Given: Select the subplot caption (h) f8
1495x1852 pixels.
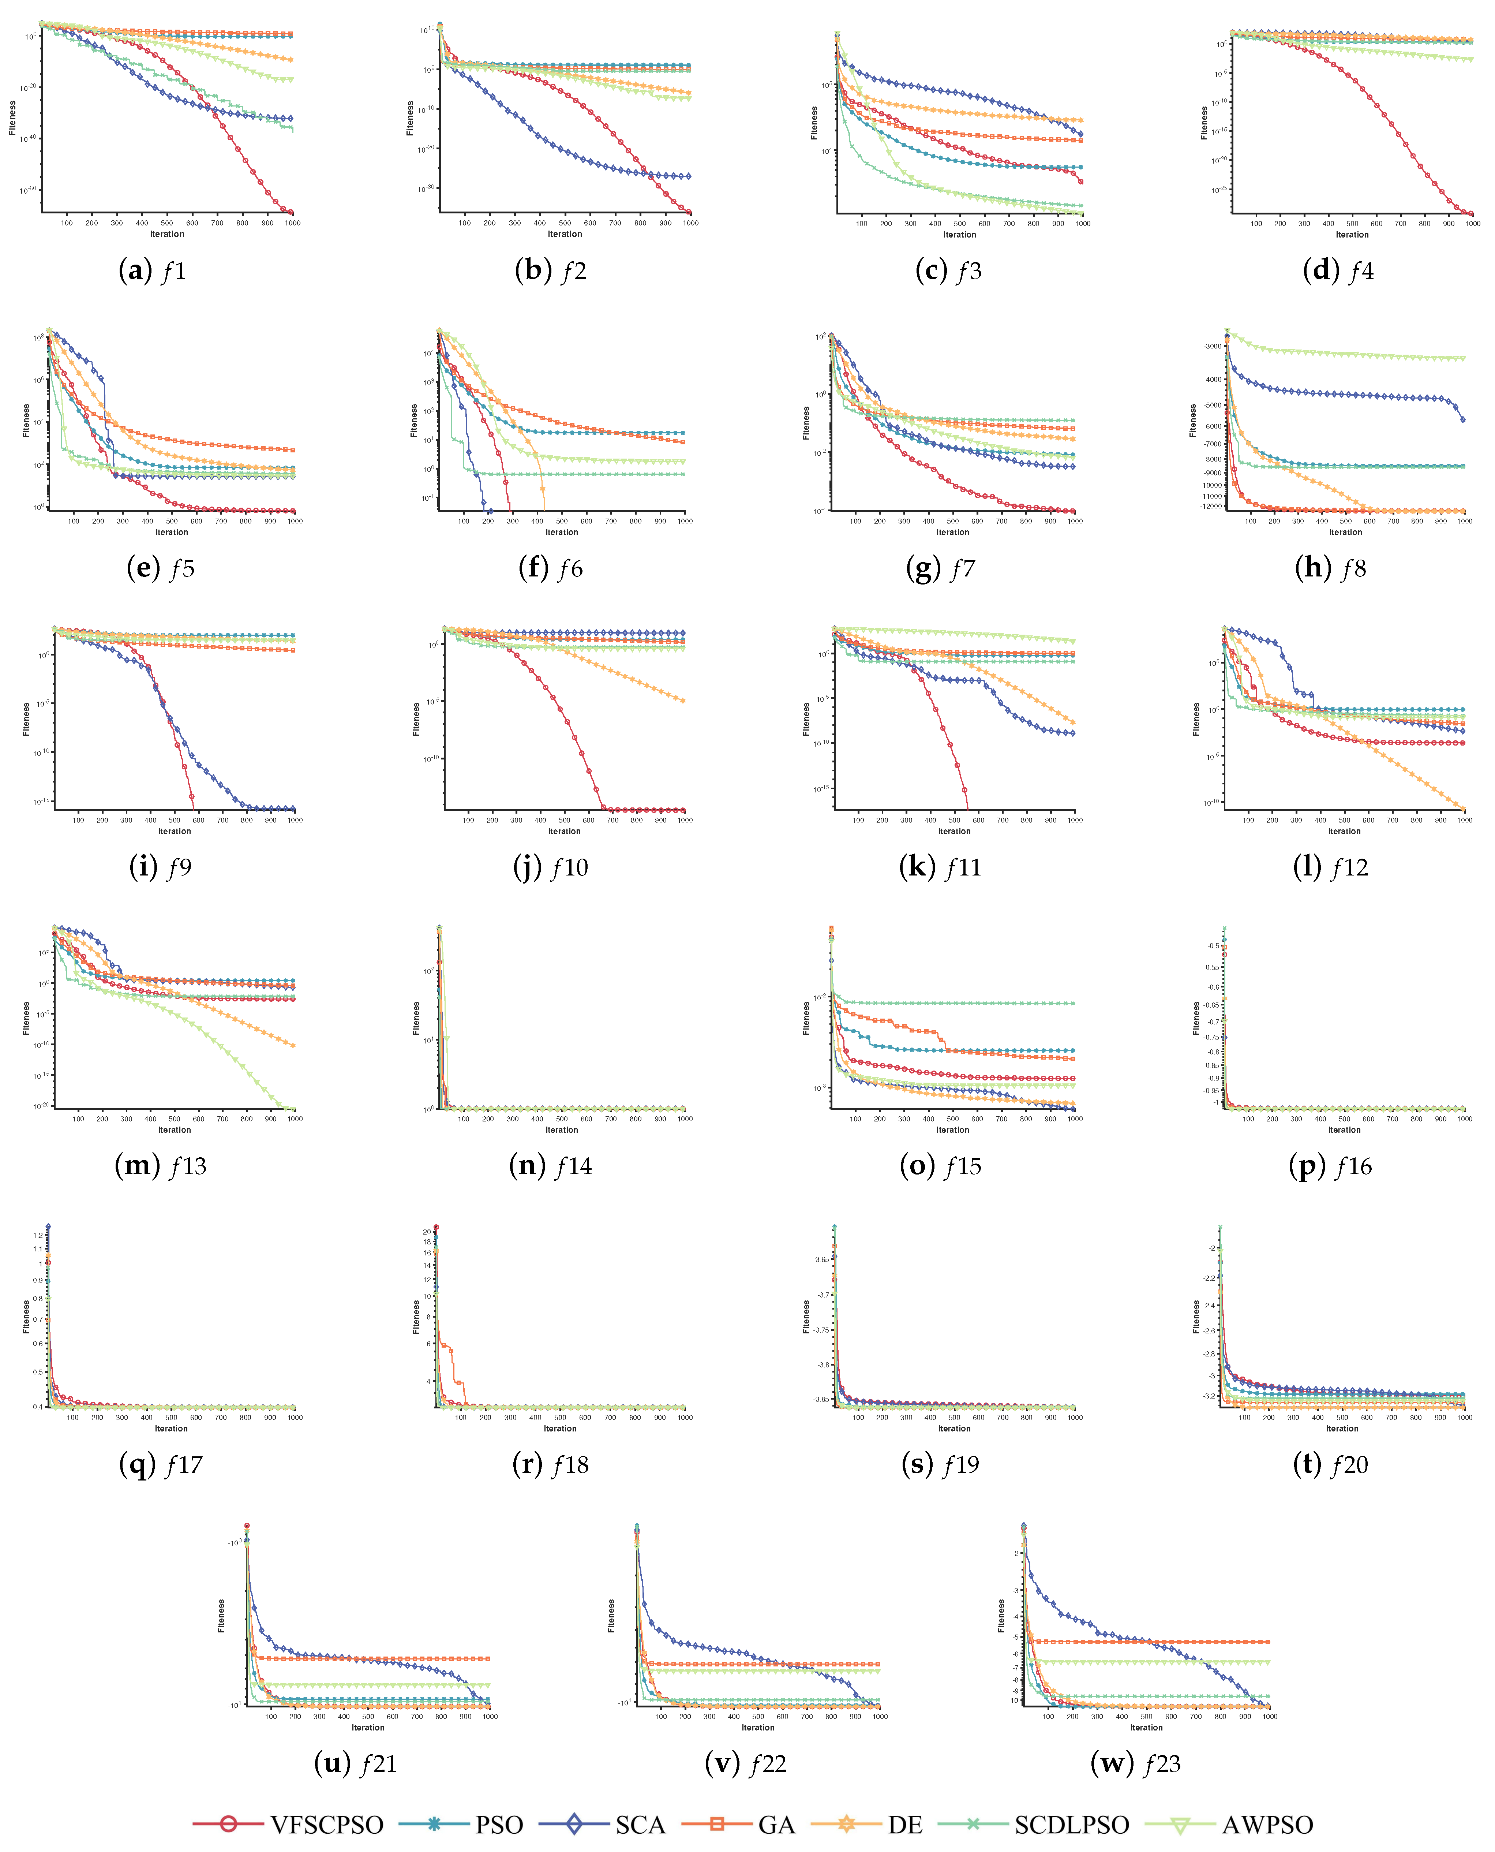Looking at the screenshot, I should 1330,568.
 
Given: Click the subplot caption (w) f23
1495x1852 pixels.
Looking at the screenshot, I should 1135,1763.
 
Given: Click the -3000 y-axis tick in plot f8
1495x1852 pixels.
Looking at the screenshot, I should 1213,346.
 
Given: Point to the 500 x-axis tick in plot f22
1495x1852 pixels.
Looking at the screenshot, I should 758,1716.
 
